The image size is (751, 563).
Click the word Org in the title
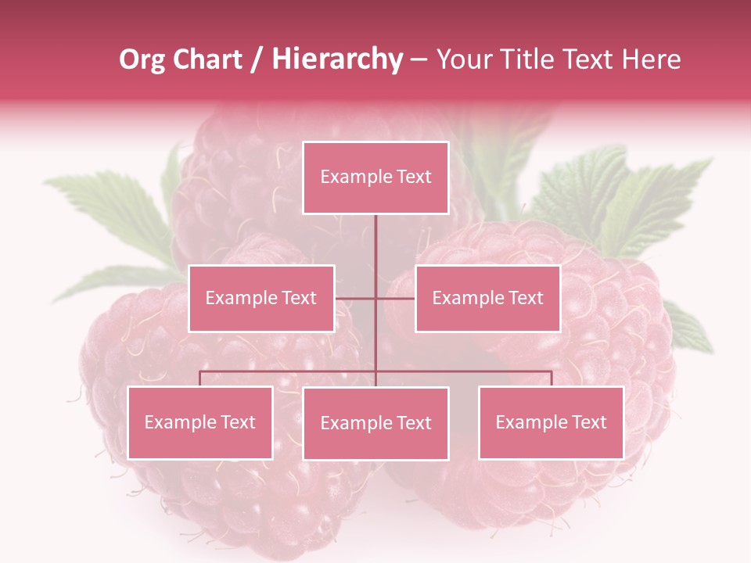click(x=142, y=59)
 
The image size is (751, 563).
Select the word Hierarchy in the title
click(x=336, y=59)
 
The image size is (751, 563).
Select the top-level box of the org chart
click(x=375, y=178)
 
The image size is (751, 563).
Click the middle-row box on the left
click(x=261, y=298)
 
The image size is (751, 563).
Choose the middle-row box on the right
click(x=487, y=298)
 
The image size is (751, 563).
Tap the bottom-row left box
click(x=200, y=423)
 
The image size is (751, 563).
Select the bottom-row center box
click(x=375, y=424)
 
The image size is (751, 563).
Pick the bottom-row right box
click(x=551, y=423)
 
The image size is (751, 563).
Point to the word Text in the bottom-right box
click(x=588, y=423)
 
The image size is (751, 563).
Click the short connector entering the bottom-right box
click(x=552, y=378)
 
